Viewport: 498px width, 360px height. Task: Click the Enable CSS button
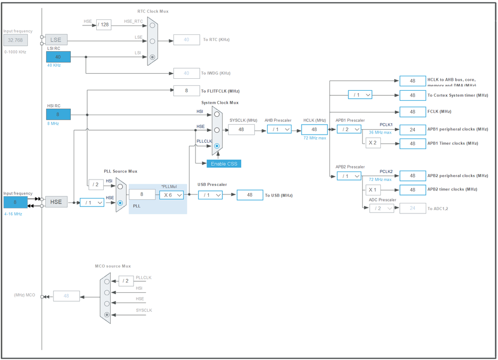pyautogui.click(x=224, y=164)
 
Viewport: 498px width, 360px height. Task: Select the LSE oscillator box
pyautogui.click(x=56, y=40)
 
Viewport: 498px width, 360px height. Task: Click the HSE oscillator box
pyautogui.click(x=56, y=201)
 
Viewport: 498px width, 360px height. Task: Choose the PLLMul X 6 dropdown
pyautogui.click(x=171, y=195)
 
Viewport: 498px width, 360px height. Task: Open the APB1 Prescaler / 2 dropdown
pyautogui.click(x=349, y=129)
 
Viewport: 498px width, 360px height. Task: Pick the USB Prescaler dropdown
pyautogui.click(x=210, y=195)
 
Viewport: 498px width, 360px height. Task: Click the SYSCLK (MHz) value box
pyautogui.click(x=241, y=129)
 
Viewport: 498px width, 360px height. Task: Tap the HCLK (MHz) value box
pyautogui.click(x=314, y=129)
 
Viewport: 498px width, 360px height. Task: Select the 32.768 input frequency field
pyautogui.click(x=16, y=40)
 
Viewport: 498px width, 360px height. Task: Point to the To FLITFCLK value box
pyautogui.click(x=186, y=90)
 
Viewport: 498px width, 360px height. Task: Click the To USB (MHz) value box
pyautogui.click(x=250, y=195)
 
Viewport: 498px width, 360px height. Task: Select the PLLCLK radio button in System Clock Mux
pyautogui.click(x=217, y=146)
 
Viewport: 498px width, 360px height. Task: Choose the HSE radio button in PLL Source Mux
pyautogui.click(x=120, y=203)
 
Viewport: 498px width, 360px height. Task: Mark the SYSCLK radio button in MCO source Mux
pyautogui.click(x=107, y=315)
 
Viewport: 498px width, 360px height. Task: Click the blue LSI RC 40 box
pyautogui.click(x=58, y=57)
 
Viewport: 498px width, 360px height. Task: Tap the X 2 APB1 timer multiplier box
pyautogui.click(x=372, y=143)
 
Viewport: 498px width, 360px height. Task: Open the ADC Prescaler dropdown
pyautogui.click(x=381, y=208)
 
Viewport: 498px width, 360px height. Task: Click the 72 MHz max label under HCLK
pyautogui.click(x=315, y=138)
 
